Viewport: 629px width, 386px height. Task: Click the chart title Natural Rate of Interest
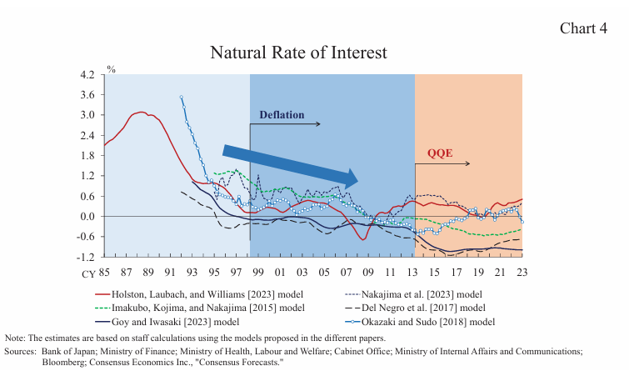coord(298,53)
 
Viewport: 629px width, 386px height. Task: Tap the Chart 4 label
coord(583,28)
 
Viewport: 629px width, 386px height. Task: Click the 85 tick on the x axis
coord(104,271)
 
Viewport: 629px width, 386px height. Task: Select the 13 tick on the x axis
coord(413,271)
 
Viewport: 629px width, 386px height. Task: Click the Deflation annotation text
coord(281,114)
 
